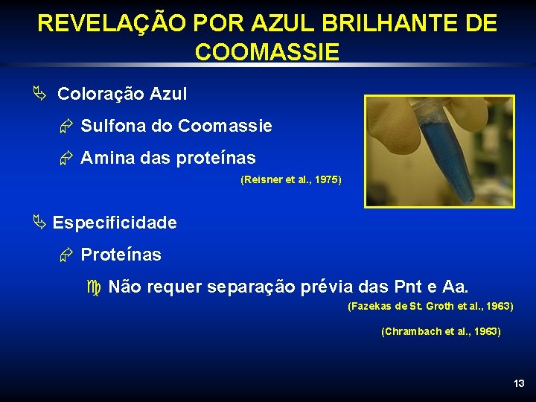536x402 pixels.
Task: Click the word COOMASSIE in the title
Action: tap(267, 52)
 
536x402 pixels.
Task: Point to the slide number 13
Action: tap(519, 383)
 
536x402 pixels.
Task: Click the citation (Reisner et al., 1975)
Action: tap(291, 179)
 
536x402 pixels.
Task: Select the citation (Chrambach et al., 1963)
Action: tap(441, 331)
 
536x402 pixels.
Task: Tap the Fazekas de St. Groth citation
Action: tap(430, 306)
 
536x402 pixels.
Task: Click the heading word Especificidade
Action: tap(115, 223)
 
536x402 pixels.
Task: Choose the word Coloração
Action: tap(100, 94)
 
